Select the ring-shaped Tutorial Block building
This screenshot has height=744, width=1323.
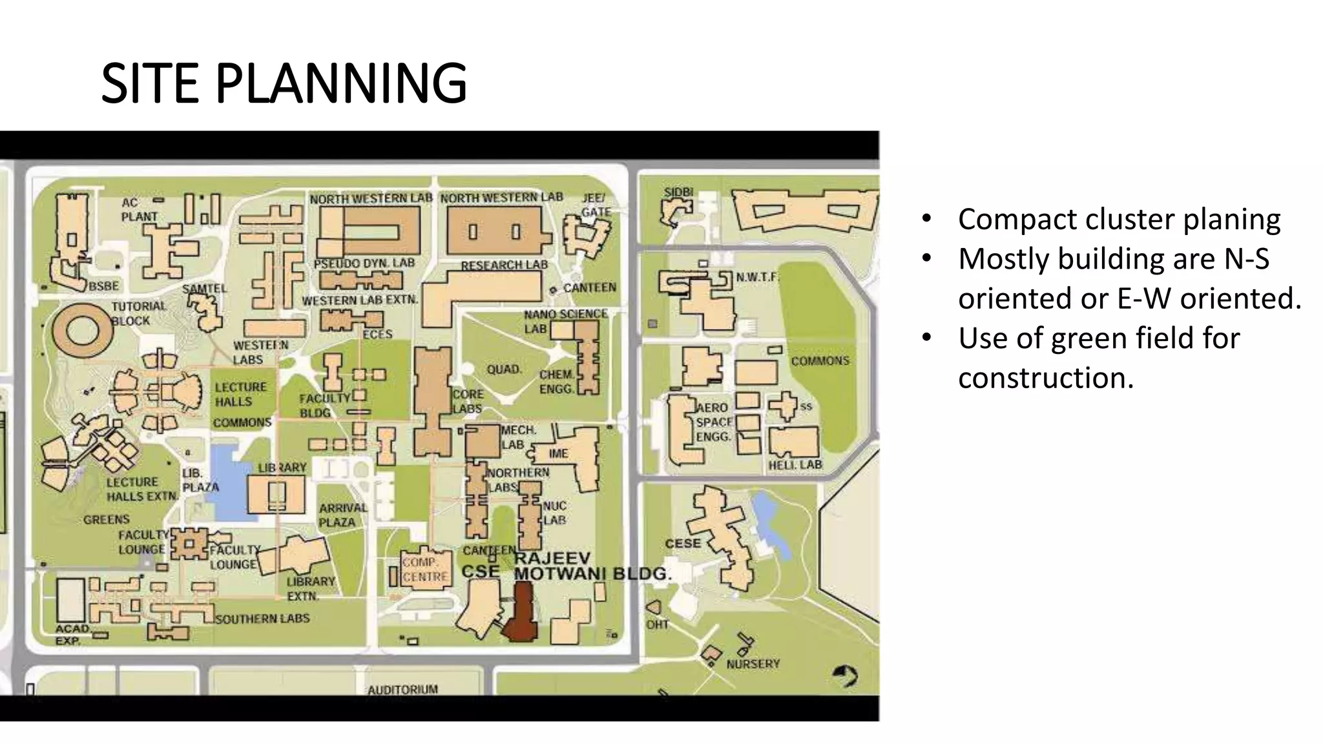(x=82, y=330)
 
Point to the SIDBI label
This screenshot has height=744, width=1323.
(x=678, y=192)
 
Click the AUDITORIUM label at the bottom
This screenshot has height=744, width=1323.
(x=402, y=690)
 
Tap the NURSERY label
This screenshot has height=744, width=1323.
(x=753, y=664)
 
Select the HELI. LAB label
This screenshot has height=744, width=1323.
(x=795, y=465)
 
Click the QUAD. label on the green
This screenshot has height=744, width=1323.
(x=504, y=369)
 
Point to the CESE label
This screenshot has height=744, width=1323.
(x=683, y=543)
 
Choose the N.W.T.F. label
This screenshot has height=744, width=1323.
(x=757, y=277)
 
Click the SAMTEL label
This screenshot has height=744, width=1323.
(x=204, y=289)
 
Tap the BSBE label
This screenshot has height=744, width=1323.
(x=104, y=286)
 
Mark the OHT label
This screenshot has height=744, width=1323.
(x=657, y=625)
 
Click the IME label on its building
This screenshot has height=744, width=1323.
(x=558, y=453)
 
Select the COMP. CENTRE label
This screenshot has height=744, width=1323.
(x=424, y=570)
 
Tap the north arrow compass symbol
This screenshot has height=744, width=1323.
(x=845, y=676)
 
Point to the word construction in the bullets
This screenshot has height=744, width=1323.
(x=1045, y=378)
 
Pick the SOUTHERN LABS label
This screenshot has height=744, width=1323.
(x=262, y=619)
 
